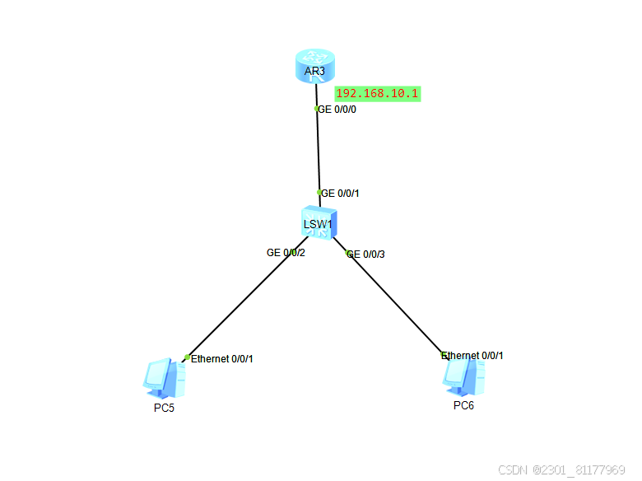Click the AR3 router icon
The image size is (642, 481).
[x=314, y=65]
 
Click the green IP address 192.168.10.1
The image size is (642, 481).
[x=378, y=94]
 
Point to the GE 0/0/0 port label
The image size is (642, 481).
[x=337, y=109]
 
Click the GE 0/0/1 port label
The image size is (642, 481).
[x=341, y=194]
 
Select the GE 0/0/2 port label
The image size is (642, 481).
[x=286, y=253]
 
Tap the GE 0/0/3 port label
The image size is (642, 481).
[x=366, y=255]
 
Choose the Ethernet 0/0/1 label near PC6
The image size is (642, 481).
[x=473, y=356]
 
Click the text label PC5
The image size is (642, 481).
[x=164, y=409]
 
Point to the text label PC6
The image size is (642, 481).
[x=463, y=405]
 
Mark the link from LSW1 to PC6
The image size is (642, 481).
[x=393, y=301]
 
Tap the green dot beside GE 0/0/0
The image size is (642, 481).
[x=317, y=109]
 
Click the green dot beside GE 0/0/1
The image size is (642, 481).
[x=319, y=193]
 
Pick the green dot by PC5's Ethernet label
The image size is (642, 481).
[x=188, y=357]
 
